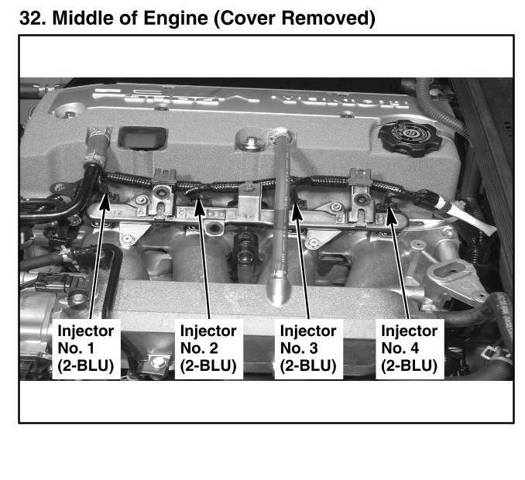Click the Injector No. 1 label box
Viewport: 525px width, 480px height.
click(x=87, y=349)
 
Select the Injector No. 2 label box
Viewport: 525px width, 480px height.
click(x=209, y=349)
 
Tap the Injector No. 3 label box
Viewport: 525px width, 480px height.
click(x=309, y=349)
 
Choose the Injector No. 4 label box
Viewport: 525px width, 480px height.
click(x=410, y=349)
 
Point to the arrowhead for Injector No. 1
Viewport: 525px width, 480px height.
click(x=105, y=201)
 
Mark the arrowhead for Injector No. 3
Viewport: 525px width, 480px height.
click(x=297, y=211)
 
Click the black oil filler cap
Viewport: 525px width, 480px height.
click(x=410, y=137)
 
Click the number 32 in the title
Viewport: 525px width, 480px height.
click(x=33, y=18)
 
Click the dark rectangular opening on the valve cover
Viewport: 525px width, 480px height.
click(x=142, y=137)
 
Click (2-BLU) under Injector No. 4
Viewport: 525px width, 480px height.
click(x=409, y=366)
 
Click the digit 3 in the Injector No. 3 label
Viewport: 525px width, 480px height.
click(x=314, y=348)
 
